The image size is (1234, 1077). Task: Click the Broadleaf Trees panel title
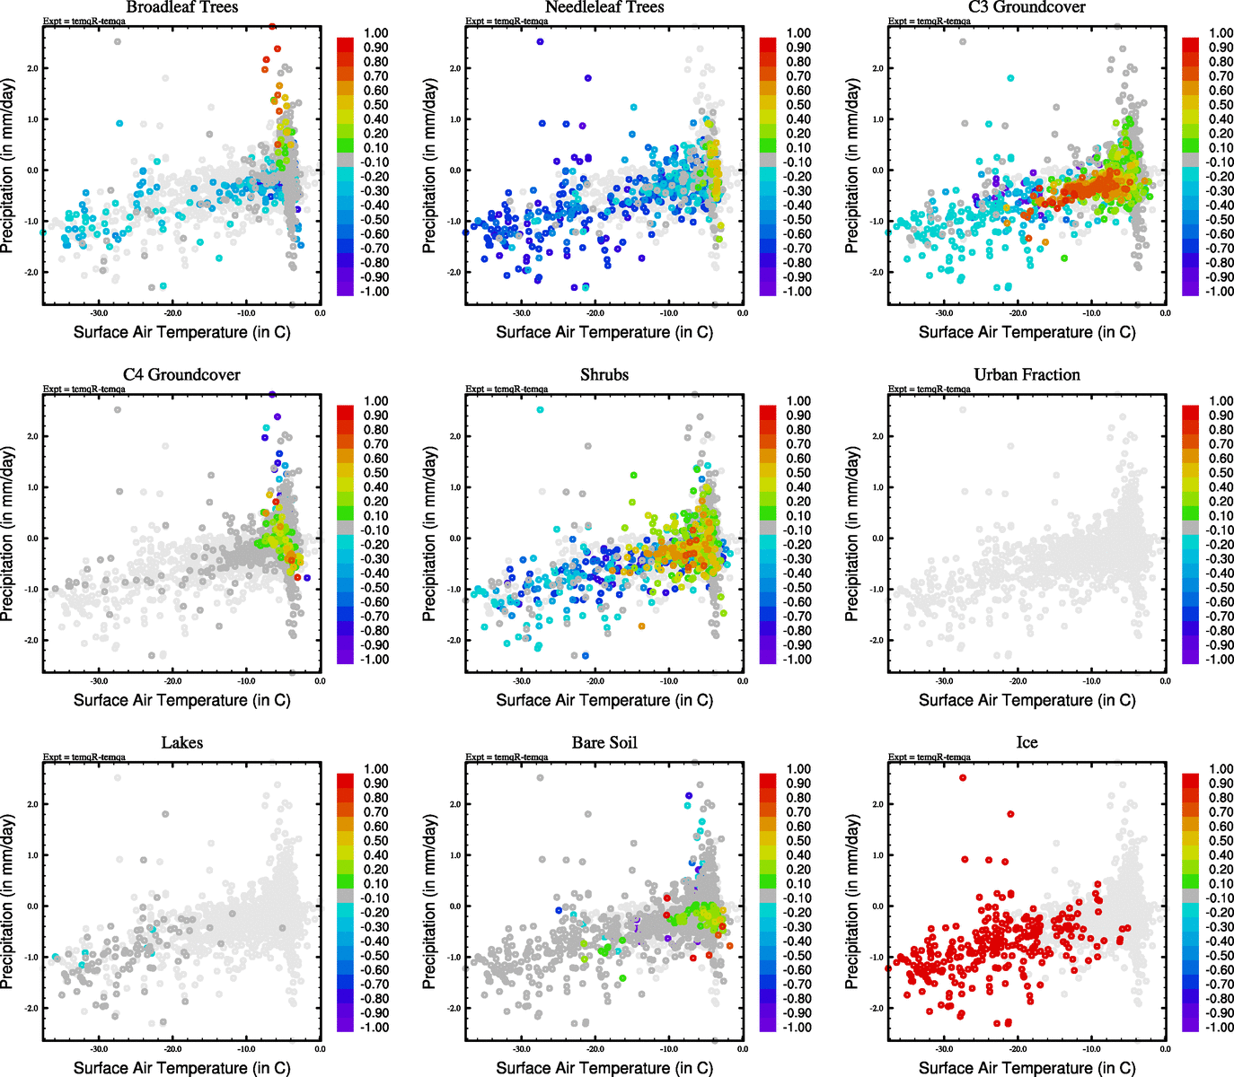pyautogui.click(x=182, y=7)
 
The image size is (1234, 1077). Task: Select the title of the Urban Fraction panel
pyautogui.click(x=1027, y=375)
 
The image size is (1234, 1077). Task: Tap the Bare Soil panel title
pyautogui.click(x=604, y=743)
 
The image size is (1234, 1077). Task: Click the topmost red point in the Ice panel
pyautogui.click(x=963, y=778)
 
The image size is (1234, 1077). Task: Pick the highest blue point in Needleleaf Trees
pyautogui.click(x=540, y=41)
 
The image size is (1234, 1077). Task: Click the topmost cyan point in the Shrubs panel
pyautogui.click(x=540, y=410)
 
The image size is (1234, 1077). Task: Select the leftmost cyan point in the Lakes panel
pyautogui.click(x=55, y=957)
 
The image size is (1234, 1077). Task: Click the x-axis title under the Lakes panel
pyautogui.click(x=181, y=1068)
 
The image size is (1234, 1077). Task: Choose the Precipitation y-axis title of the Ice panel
pyautogui.click(x=852, y=902)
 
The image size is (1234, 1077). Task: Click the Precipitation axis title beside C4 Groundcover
pyautogui.click(x=7, y=534)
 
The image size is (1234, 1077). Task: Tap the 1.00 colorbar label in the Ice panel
pyautogui.click(x=1221, y=769)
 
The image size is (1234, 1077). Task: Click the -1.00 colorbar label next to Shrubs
pyautogui.click(x=798, y=660)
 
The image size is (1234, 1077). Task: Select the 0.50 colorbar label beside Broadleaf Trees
pyautogui.click(x=375, y=105)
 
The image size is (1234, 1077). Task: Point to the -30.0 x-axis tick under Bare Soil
pyautogui.click(x=522, y=1049)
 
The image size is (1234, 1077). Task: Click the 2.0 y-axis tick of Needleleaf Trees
pyautogui.click(x=454, y=68)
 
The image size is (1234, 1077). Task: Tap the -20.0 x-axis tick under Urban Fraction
pyautogui.click(x=1018, y=681)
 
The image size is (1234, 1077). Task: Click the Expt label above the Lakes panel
pyautogui.click(x=84, y=757)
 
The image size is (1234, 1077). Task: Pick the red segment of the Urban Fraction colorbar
pyautogui.click(x=1190, y=412)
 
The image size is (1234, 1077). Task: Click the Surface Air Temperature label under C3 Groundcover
pyautogui.click(x=1027, y=332)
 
